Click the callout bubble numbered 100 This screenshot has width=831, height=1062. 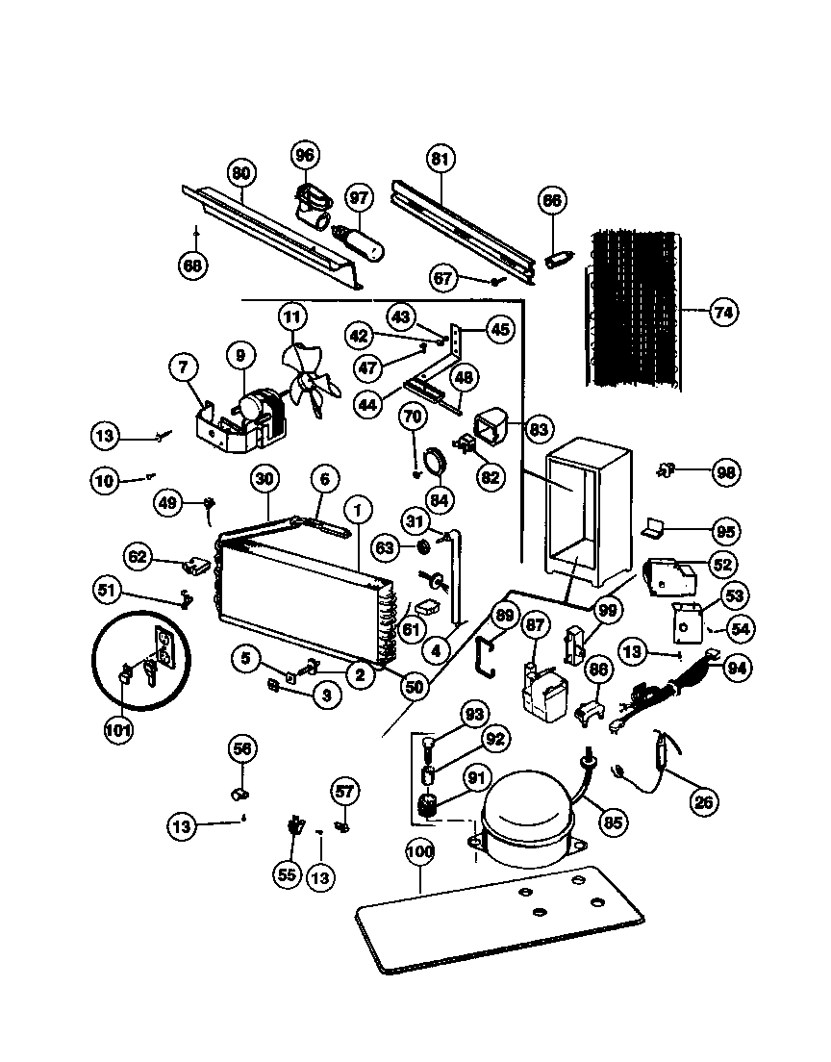point(420,851)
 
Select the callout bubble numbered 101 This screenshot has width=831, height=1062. point(118,728)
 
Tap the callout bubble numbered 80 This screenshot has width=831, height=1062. point(240,173)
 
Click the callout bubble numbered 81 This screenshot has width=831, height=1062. point(440,160)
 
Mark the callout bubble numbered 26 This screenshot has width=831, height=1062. point(706,800)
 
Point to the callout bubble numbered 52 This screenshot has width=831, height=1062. point(722,565)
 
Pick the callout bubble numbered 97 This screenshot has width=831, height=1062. point(359,199)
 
